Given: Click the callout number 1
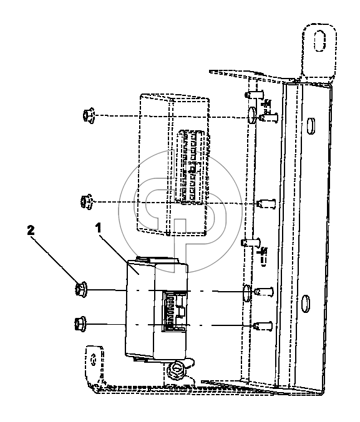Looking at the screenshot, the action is pyautogui.click(x=99, y=228).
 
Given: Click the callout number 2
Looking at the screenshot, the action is pyautogui.click(x=31, y=231).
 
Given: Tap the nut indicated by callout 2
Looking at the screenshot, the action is pyautogui.click(x=81, y=289).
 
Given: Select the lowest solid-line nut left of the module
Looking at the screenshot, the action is pyautogui.click(x=80, y=324).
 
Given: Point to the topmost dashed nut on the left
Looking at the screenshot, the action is pyautogui.click(x=89, y=115).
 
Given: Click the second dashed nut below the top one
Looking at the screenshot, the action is pyautogui.click(x=86, y=201).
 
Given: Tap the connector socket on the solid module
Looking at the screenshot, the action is pyautogui.click(x=174, y=312).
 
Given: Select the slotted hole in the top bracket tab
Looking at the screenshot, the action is pyautogui.click(x=319, y=41).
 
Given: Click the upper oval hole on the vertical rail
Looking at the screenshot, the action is pyautogui.click(x=311, y=126).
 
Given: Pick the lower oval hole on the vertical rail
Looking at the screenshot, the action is pyautogui.click(x=305, y=304).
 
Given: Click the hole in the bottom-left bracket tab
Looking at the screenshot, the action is pyautogui.click(x=94, y=360).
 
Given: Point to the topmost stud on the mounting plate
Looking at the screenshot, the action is pyautogui.click(x=254, y=95).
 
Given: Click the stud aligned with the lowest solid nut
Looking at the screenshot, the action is pyautogui.click(x=263, y=326).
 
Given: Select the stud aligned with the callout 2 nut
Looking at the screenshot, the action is pyautogui.click(x=264, y=292).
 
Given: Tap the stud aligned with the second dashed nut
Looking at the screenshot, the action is pyautogui.click(x=266, y=203).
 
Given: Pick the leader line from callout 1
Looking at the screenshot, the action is pyautogui.click(x=119, y=254).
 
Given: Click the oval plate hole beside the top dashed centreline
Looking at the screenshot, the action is pyautogui.click(x=252, y=115).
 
